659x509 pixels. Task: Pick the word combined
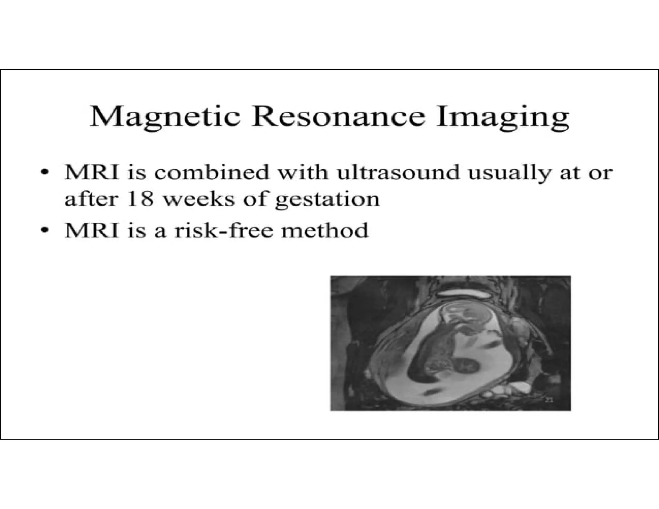pyautogui.click(x=212, y=172)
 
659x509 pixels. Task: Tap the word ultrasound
pyautogui.click(x=398, y=172)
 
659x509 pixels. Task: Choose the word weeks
pyautogui.click(x=200, y=199)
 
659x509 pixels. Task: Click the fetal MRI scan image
pyautogui.click(x=450, y=343)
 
